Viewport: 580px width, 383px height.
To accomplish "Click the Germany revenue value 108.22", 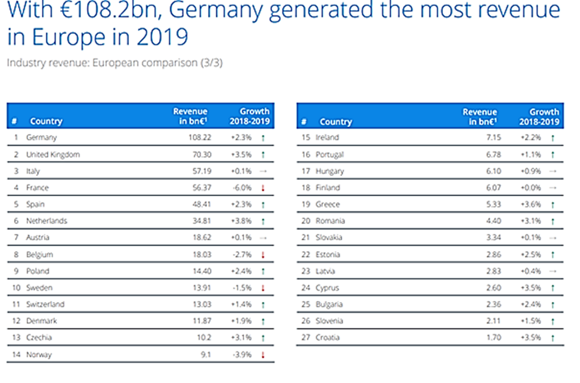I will click(200, 137).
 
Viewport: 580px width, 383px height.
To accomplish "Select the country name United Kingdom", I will click(53, 155).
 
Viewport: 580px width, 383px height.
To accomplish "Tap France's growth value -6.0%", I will click(241, 188).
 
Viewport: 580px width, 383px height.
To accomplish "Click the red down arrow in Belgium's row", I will click(263, 255).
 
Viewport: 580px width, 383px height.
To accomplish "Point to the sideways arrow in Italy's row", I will click(263, 171).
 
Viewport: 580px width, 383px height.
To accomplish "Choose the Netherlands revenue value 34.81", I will click(202, 221).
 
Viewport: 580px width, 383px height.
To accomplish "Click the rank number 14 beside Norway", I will click(16, 355).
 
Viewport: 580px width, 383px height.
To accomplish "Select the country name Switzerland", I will click(45, 304).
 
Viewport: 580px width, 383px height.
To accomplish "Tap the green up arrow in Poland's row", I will click(263, 271).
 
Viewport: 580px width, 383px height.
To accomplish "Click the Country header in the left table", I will click(46, 121).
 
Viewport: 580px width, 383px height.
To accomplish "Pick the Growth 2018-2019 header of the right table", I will click(539, 117).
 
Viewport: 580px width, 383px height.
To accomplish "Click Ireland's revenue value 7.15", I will click(494, 137).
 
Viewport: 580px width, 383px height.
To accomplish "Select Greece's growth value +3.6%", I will click(531, 204).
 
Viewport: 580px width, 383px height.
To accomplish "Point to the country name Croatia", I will click(328, 337).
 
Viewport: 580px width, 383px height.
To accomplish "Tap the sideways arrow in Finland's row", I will click(553, 188).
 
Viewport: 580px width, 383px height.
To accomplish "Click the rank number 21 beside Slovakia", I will click(306, 237).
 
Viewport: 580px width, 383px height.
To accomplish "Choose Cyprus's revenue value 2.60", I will click(494, 288).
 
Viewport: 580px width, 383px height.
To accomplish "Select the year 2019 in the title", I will click(162, 37).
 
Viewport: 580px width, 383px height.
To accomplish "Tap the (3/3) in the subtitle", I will click(212, 63).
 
